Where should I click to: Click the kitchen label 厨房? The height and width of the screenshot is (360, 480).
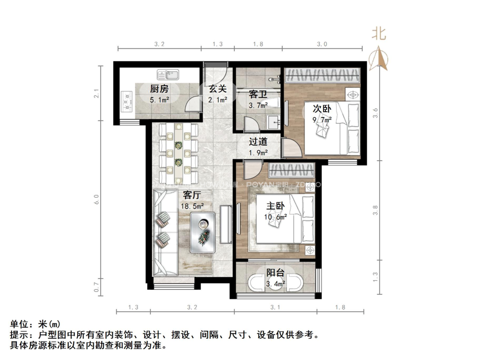click(159, 89)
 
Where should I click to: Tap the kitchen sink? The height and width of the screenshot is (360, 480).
click(168, 74)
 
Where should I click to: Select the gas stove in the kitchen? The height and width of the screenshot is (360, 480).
click(127, 101)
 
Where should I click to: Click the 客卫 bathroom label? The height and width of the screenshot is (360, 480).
click(258, 94)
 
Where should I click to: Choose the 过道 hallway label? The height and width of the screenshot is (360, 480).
click(258, 142)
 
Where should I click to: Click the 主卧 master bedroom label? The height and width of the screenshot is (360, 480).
click(276, 205)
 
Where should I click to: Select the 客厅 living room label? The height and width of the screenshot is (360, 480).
click(192, 195)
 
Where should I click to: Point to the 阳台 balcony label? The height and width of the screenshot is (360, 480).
click(275, 273)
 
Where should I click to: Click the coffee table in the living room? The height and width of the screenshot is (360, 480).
click(203, 232)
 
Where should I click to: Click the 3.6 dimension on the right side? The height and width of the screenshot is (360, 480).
click(375, 113)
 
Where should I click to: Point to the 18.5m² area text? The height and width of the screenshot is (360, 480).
click(192, 206)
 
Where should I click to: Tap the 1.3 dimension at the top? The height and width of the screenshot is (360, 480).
click(217, 44)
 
